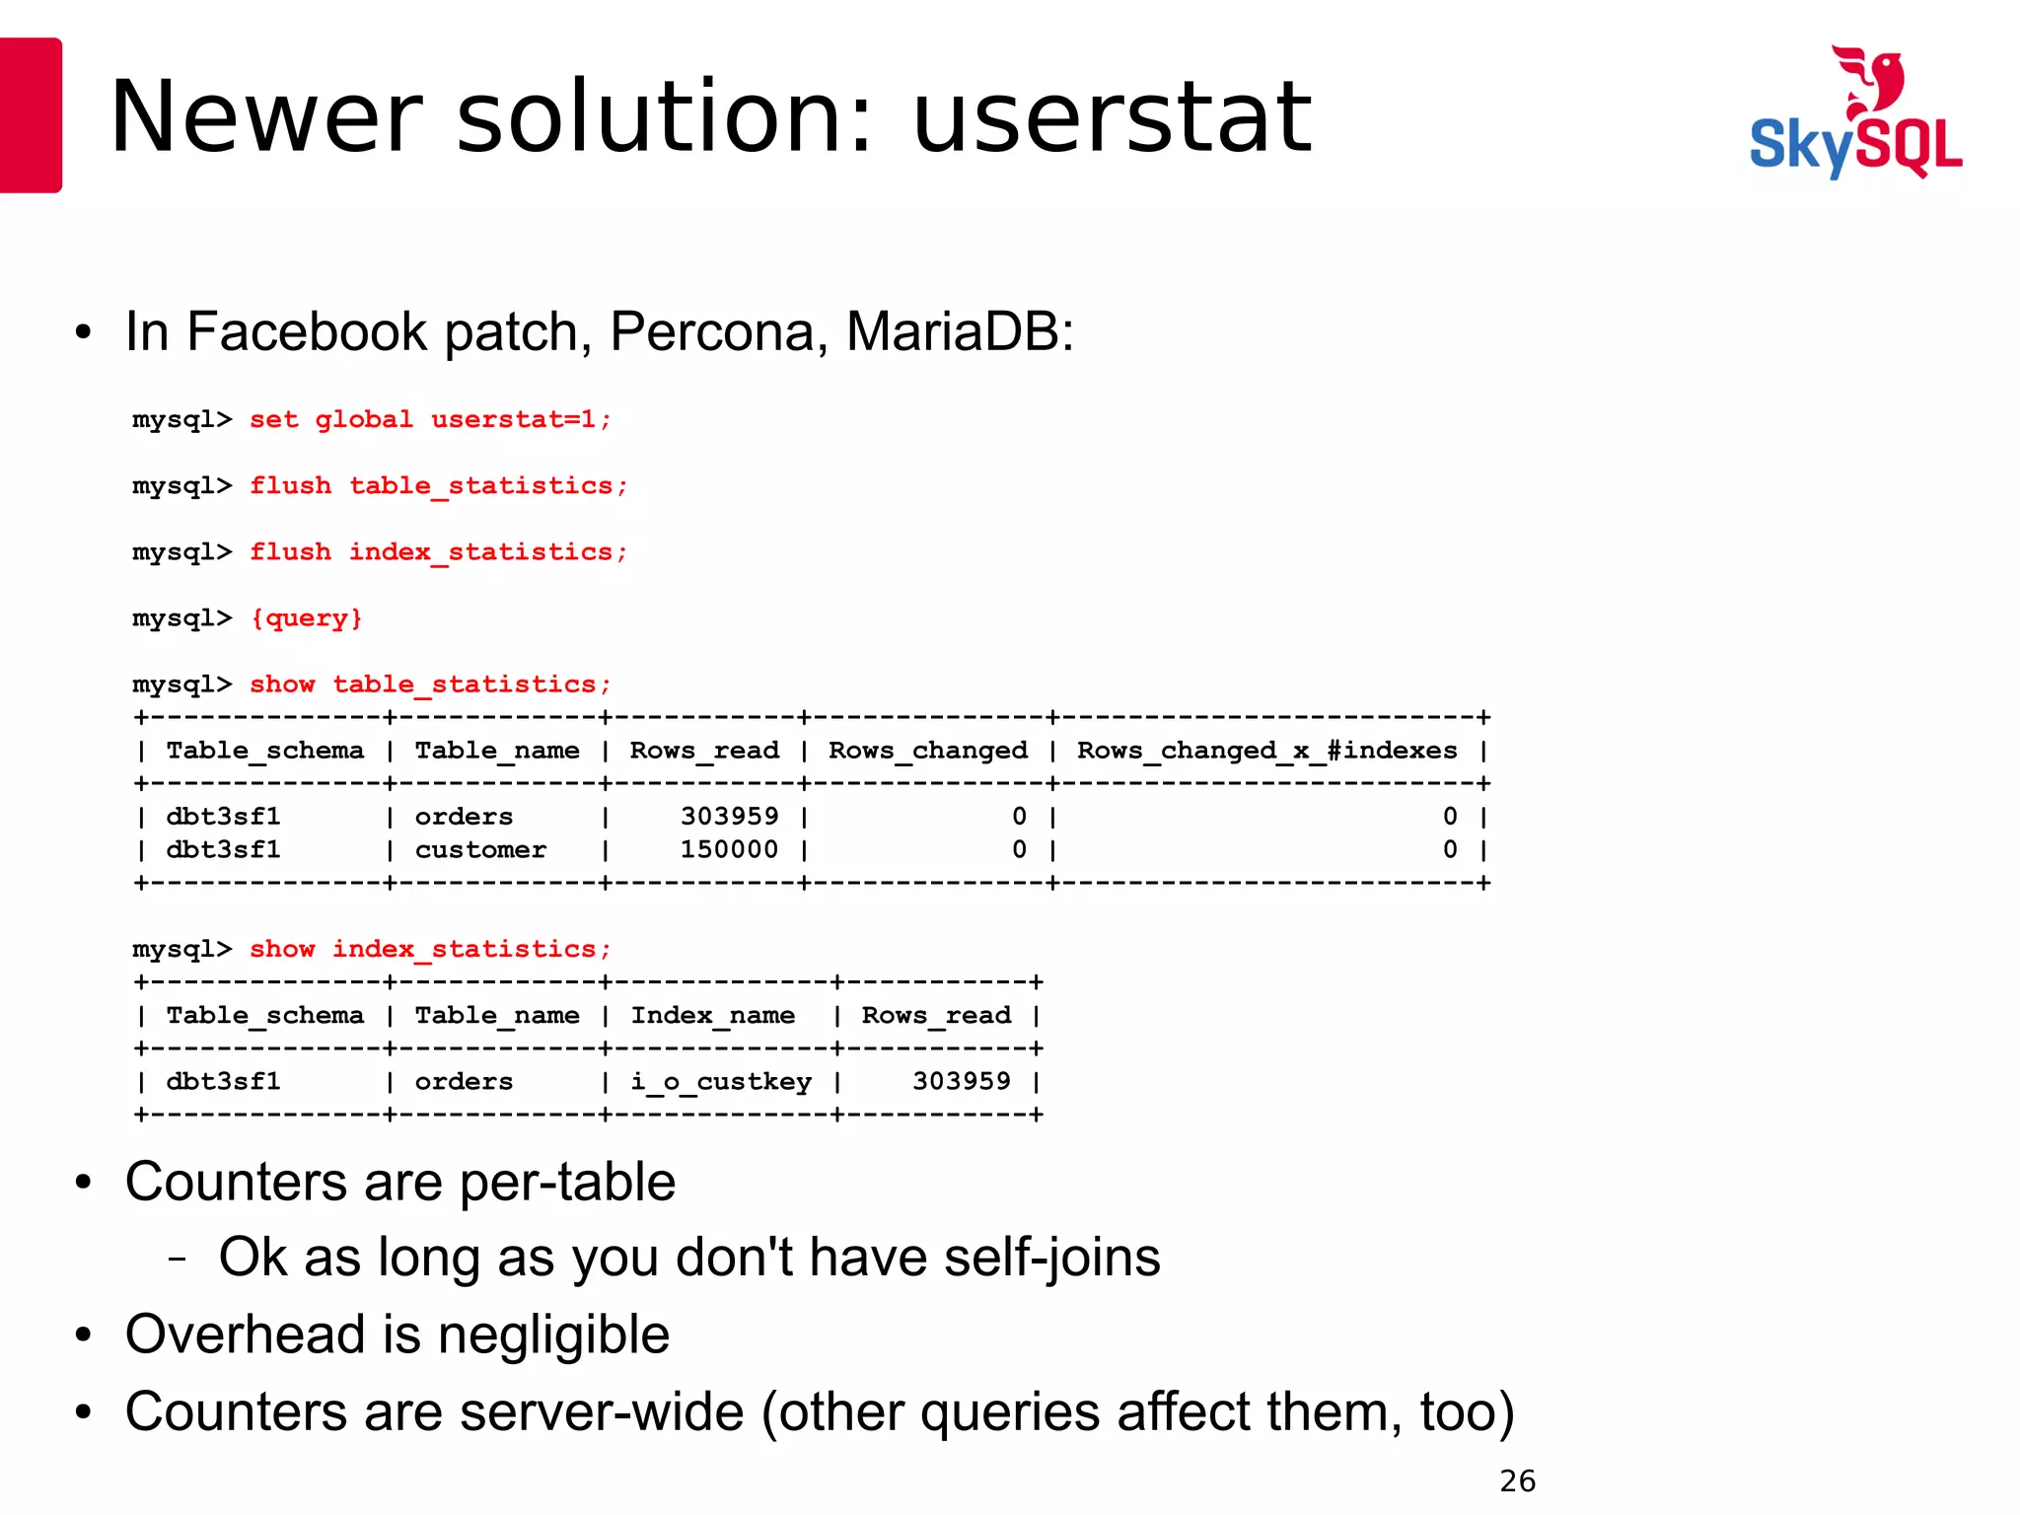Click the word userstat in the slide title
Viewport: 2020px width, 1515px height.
1112,118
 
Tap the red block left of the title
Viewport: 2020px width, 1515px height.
31,115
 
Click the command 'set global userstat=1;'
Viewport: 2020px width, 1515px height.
430,419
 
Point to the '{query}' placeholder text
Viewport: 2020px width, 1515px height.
307,618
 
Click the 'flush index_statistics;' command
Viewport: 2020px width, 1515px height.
438,552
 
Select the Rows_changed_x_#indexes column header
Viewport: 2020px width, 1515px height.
1266,751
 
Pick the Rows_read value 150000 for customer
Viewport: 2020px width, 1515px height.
729,850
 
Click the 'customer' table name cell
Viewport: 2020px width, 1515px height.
480,850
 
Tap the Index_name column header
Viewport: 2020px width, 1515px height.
712,1016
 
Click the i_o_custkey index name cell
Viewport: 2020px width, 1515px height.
721,1082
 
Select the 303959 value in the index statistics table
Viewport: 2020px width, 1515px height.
961,1082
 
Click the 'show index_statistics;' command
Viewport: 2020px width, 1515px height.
430,950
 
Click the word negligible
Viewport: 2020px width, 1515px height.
553,1335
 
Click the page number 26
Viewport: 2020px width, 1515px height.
1517,1481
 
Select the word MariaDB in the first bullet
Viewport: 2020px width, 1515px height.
960,331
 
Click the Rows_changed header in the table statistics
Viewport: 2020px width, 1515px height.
928,751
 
